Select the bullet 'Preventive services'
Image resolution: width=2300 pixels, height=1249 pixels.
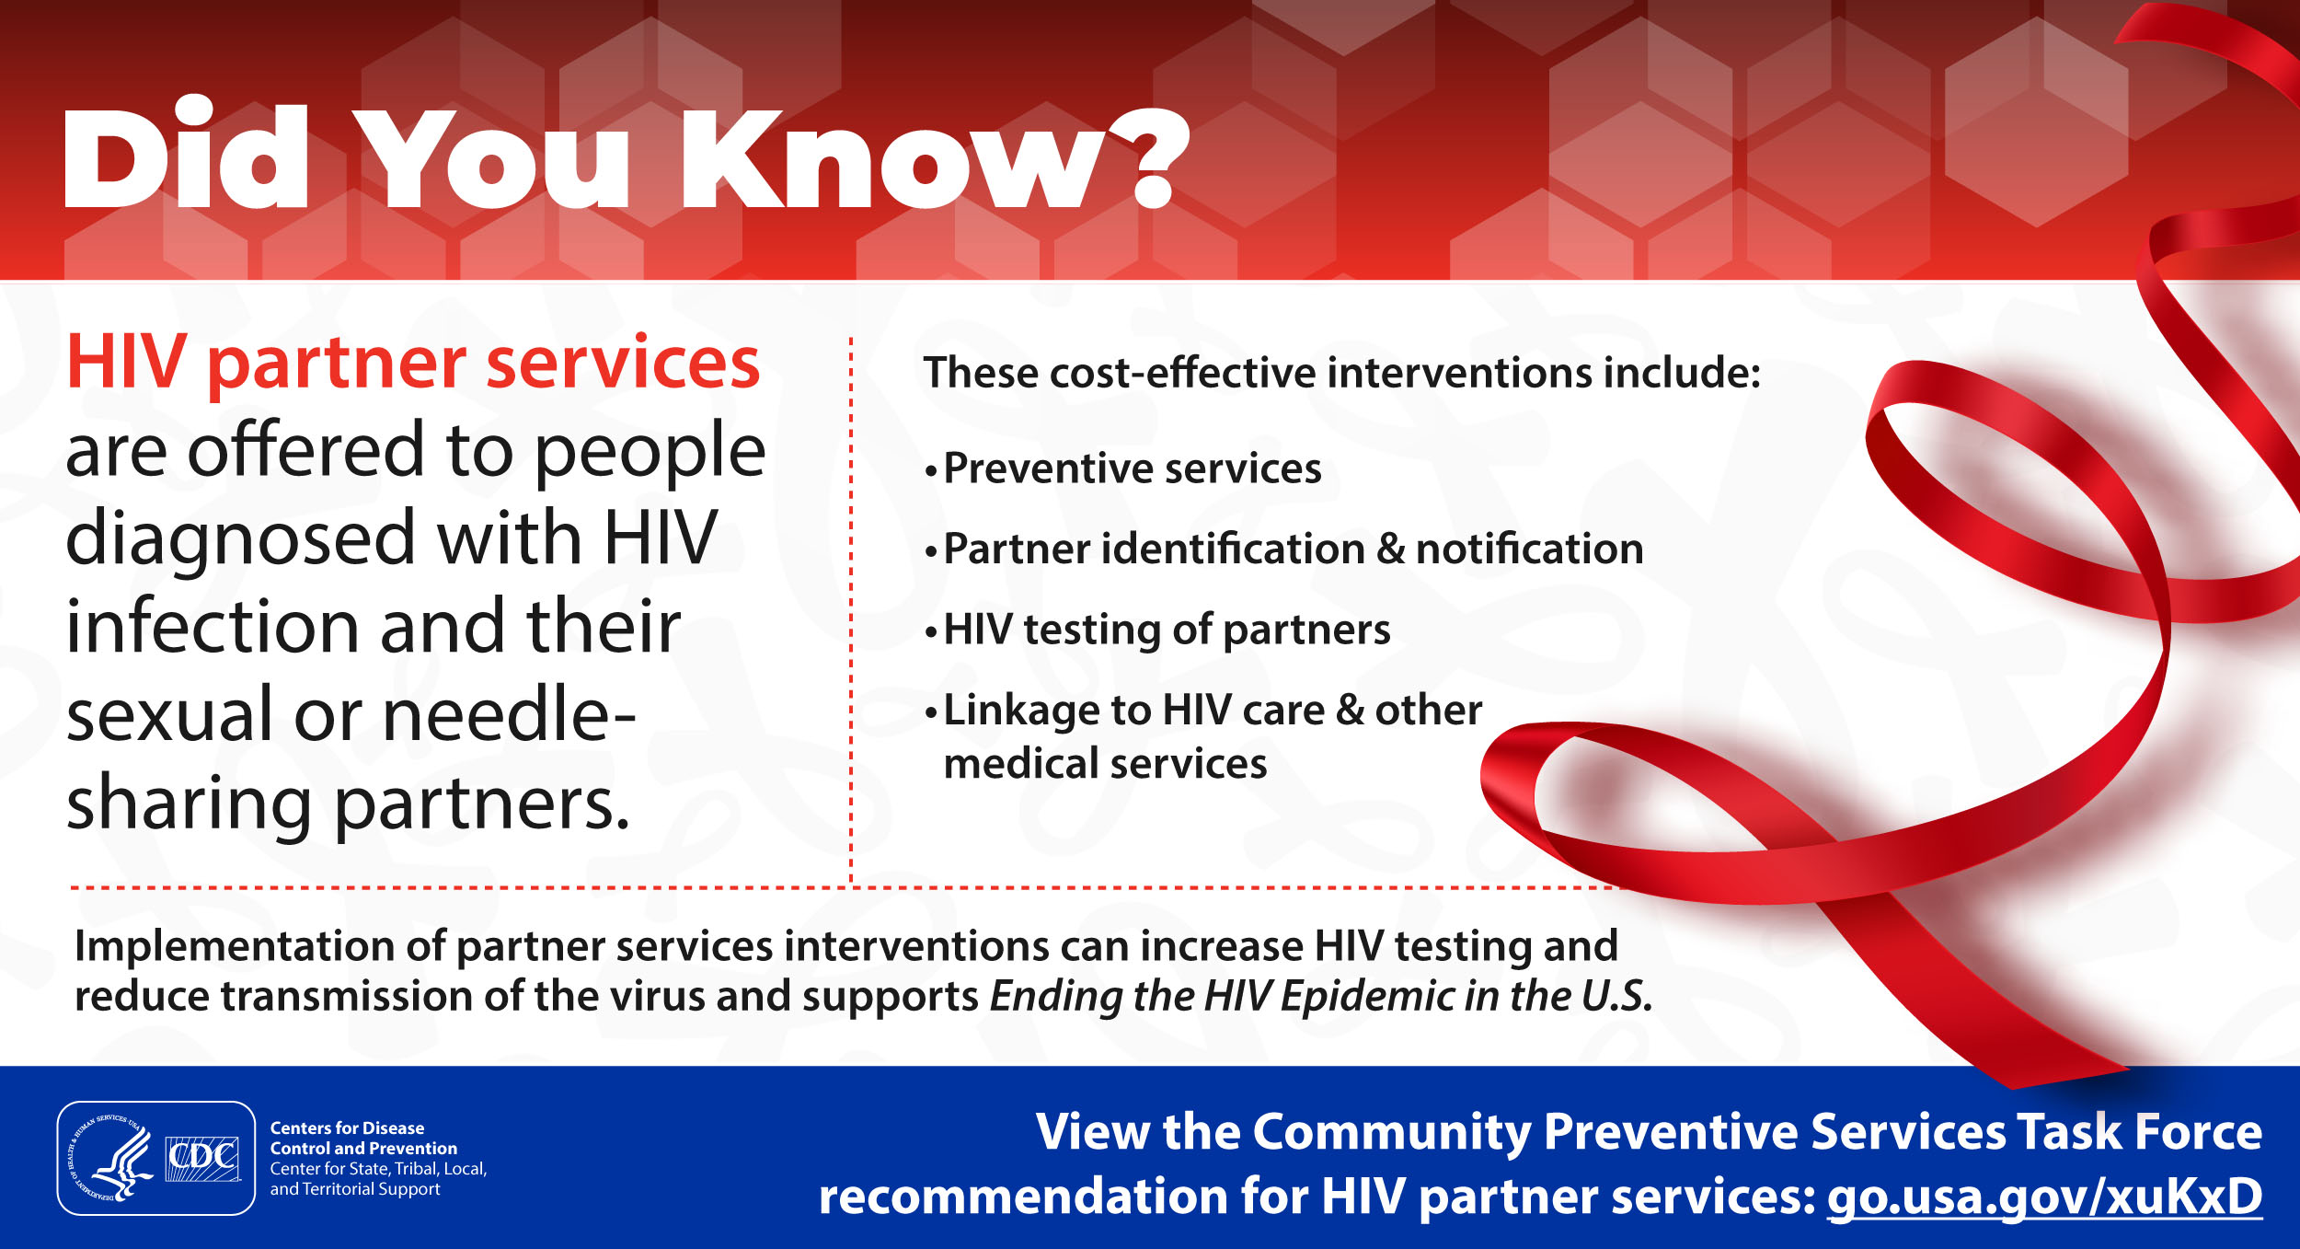[1123, 468]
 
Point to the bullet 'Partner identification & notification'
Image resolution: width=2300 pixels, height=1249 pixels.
[1284, 549]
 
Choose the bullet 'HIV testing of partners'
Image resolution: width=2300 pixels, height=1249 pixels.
[1157, 630]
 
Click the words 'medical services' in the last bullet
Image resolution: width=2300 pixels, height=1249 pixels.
[1105, 764]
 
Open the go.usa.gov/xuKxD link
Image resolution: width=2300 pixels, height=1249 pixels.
[2043, 1197]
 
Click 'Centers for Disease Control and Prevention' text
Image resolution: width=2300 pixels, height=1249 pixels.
[363, 1139]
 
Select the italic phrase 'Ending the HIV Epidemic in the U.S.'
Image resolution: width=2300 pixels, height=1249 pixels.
[1321, 996]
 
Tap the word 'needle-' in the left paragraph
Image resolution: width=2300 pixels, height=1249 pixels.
[509, 715]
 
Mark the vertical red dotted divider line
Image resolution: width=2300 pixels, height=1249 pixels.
[851, 611]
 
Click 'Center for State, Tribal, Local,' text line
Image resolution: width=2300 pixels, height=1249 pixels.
[378, 1169]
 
